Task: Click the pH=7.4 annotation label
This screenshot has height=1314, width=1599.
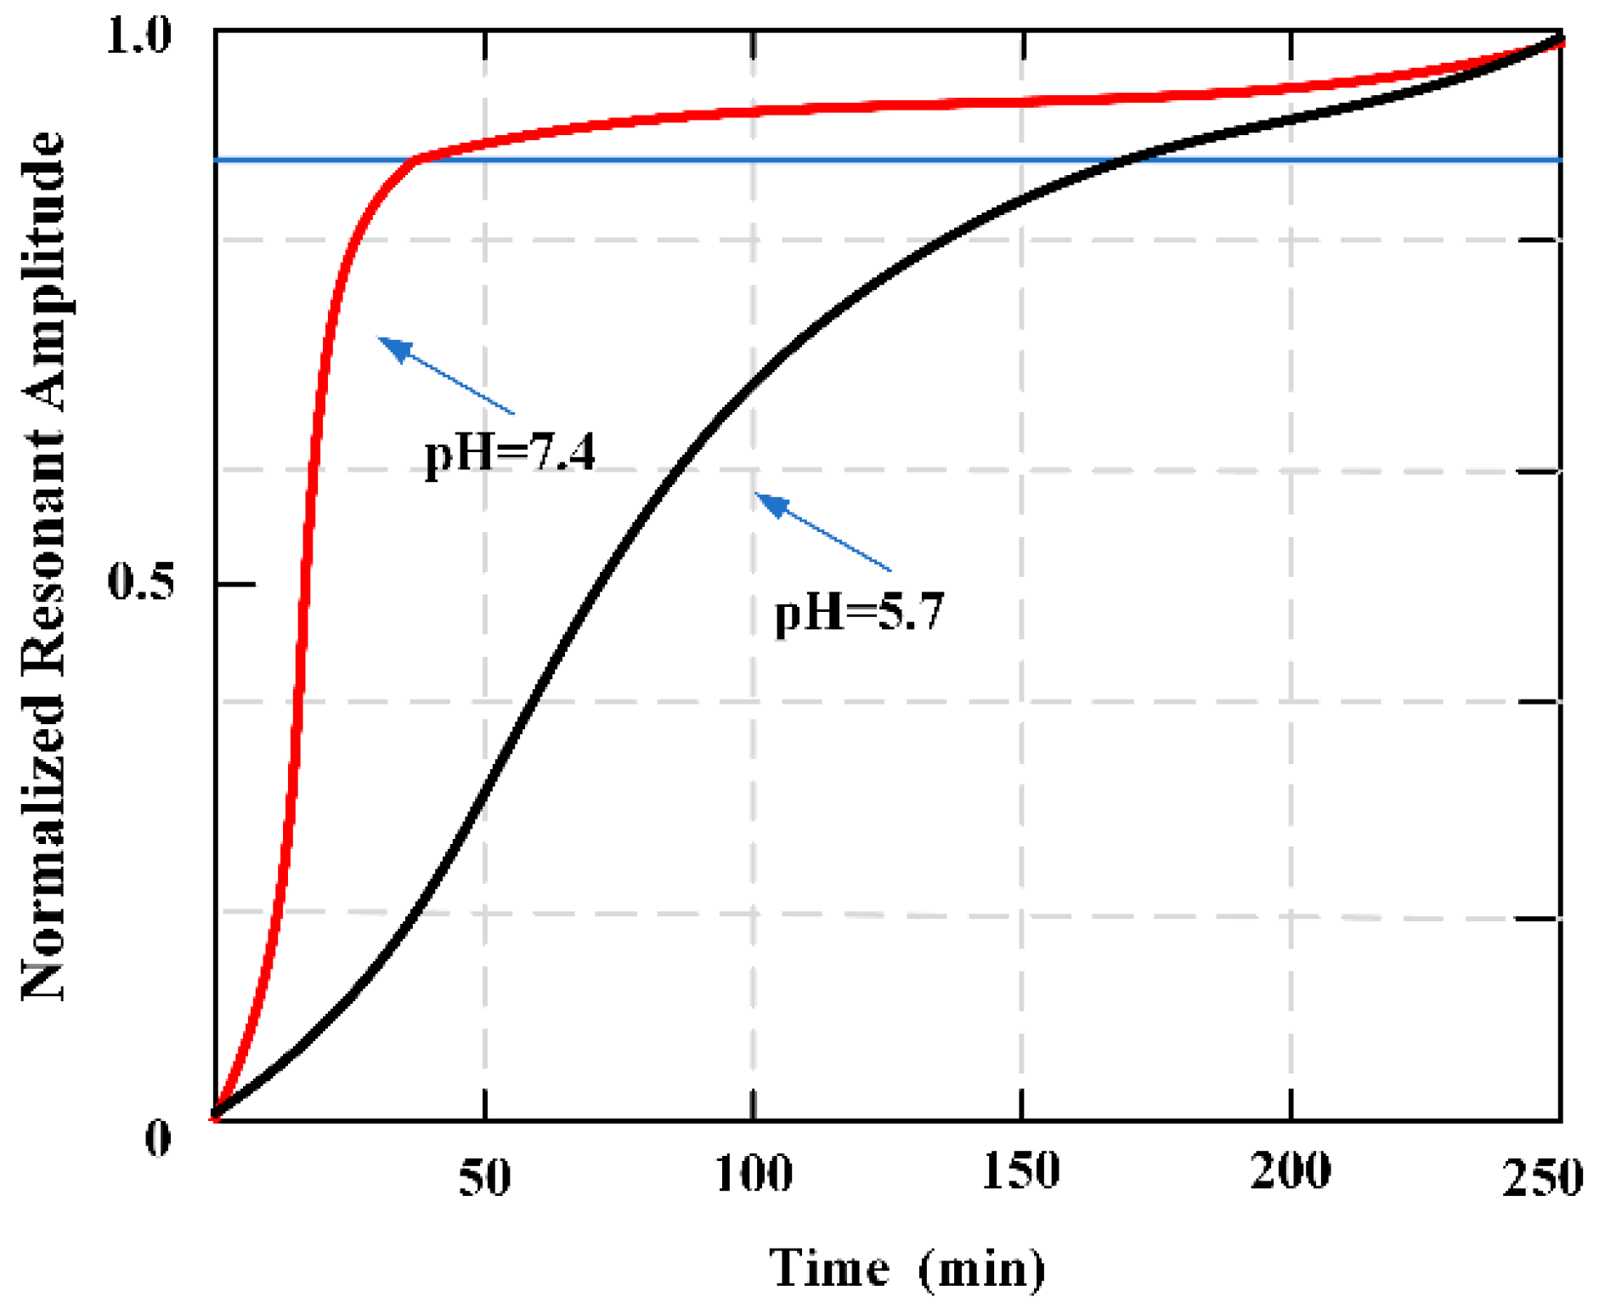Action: [x=510, y=452]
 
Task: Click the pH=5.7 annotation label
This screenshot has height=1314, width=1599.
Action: [x=858, y=612]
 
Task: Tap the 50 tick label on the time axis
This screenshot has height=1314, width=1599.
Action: [x=484, y=1178]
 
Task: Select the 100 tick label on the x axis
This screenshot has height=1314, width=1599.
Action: [x=753, y=1174]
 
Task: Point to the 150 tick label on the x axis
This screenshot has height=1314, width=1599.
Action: [x=1020, y=1170]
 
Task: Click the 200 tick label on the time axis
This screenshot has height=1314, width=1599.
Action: [x=1290, y=1170]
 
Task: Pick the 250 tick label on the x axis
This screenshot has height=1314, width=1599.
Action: [x=1542, y=1178]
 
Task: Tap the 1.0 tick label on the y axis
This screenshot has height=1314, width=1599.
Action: [x=138, y=37]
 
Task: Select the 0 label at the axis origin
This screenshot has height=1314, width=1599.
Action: [x=158, y=1138]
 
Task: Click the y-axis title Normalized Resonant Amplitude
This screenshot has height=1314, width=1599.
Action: [x=42, y=565]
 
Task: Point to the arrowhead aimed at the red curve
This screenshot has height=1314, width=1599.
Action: [x=394, y=347]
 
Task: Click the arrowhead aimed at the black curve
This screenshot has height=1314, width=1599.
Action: [x=771, y=504]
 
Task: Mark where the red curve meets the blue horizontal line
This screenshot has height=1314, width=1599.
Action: [x=416, y=159]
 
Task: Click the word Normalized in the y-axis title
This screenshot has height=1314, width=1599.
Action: [x=42, y=850]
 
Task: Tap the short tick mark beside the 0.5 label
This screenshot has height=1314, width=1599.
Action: [x=236, y=584]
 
